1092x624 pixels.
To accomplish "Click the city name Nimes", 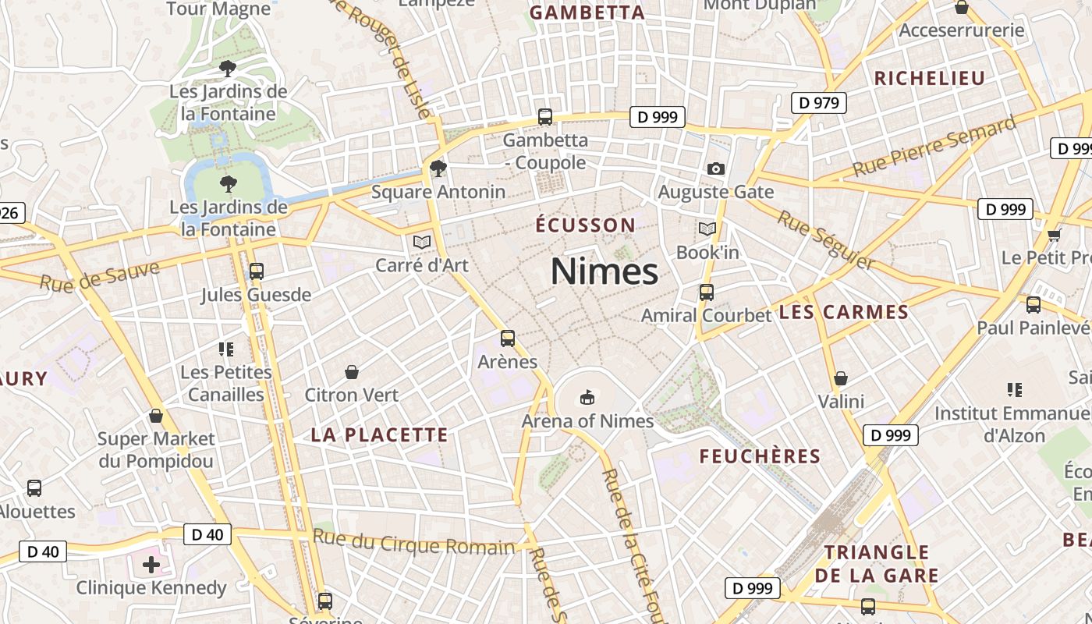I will (604, 271).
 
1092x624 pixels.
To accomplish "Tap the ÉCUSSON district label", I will (586, 225).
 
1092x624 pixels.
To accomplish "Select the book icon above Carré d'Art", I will (422, 243).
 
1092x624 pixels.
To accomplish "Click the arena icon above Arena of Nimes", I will (587, 398).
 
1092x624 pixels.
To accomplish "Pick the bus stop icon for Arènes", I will (508, 339).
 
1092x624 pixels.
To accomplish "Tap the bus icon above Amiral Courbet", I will (707, 292).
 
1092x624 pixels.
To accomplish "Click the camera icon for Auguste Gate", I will (715, 168).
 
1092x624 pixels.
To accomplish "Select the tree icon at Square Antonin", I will (438, 168).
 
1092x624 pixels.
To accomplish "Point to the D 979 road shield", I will (819, 102).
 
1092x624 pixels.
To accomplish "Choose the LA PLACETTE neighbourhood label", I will (380, 435).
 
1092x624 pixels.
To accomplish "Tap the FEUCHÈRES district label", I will (760, 456).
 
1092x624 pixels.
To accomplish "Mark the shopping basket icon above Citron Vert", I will (352, 372).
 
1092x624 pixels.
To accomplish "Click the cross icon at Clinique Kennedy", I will (151, 564).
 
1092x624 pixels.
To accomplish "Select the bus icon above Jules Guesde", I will (256, 271).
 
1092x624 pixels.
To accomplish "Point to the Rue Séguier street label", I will (826, 239).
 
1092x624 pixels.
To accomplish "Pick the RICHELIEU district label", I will (930, 78).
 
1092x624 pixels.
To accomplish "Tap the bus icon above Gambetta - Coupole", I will (545, 117).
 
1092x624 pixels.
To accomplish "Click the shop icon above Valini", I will (841, 378).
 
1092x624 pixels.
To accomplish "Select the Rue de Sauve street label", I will (100, 277).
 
